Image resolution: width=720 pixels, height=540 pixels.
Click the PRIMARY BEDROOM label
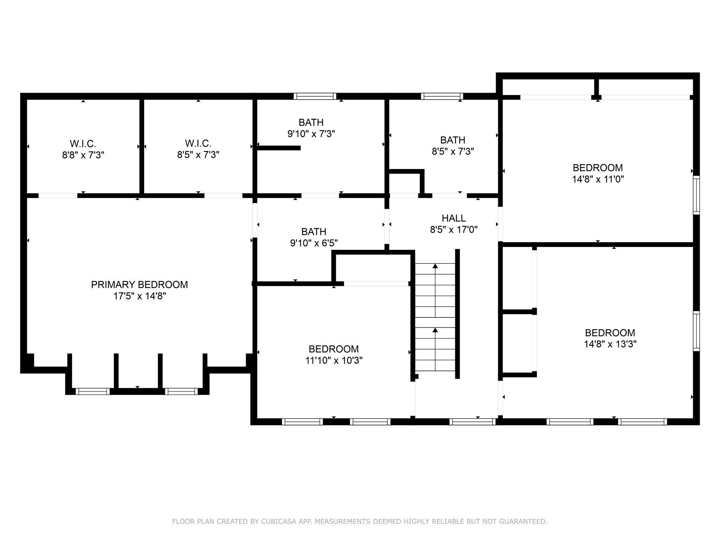coord(139,285)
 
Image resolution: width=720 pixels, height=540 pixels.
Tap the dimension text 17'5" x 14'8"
coord(139,296)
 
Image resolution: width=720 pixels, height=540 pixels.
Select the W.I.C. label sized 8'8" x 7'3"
coord(83,144)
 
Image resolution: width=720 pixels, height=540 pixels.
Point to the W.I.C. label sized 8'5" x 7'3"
coord(198,143)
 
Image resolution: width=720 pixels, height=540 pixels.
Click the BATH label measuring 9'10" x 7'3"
coord(311,122)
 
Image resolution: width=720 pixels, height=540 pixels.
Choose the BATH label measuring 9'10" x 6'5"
coord(314,232)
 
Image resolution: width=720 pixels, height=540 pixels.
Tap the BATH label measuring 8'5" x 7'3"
coord(453,140)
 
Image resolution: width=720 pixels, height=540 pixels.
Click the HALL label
coord(454,218)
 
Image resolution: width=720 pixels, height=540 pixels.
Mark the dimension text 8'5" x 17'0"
coord(454,230)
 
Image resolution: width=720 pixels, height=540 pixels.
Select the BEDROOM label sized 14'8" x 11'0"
coord(598,168)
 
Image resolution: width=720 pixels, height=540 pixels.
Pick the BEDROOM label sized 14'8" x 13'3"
coord(610,333)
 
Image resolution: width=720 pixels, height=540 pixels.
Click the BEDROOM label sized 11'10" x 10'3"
coord(334,349)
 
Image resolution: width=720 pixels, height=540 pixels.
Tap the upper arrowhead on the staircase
coord(435,266)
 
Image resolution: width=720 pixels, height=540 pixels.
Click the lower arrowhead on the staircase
coord(435,330)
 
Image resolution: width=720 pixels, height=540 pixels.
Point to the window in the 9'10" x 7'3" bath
coord(315,96)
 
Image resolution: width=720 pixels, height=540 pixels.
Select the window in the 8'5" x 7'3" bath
coord(442,96)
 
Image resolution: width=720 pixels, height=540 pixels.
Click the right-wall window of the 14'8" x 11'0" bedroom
coord(696,195)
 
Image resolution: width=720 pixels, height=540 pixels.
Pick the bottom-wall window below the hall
coord(472,422)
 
